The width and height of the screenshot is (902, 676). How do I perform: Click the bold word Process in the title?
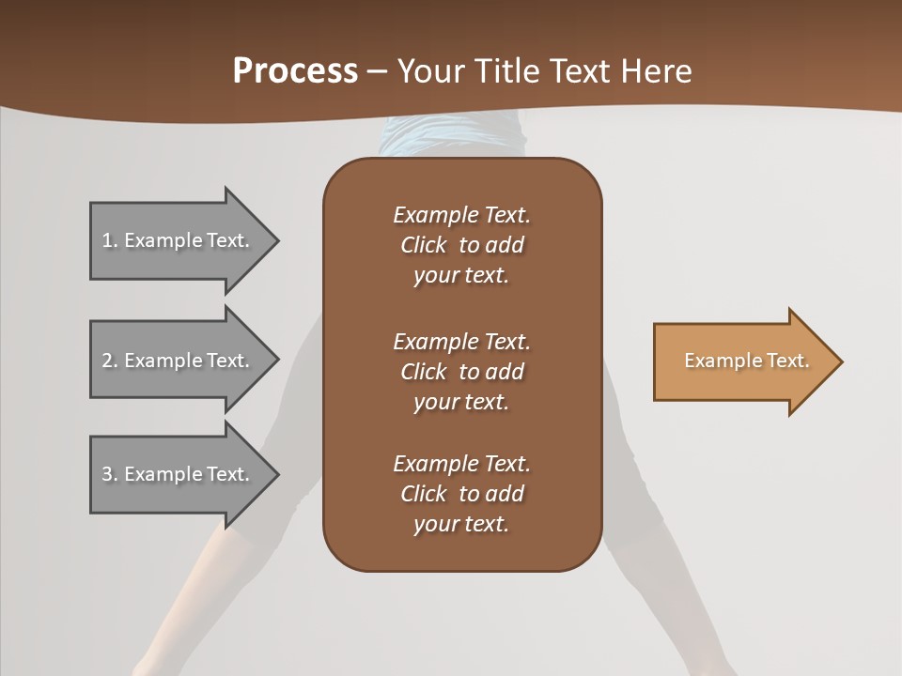point(295,71)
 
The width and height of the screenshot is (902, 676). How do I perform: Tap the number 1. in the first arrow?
point(110,241)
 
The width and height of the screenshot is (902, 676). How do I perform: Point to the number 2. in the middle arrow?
point(110,361)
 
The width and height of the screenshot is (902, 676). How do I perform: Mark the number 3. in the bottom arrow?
point(110,474)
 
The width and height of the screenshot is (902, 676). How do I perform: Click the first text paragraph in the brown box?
point(461,245)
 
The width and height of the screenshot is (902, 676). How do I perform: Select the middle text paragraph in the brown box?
point(461,371)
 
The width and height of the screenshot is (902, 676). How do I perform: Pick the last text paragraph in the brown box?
point(461,494)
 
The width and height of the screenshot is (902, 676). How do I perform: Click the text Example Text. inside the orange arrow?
point(747,361)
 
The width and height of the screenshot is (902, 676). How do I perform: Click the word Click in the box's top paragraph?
point(423,245)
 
